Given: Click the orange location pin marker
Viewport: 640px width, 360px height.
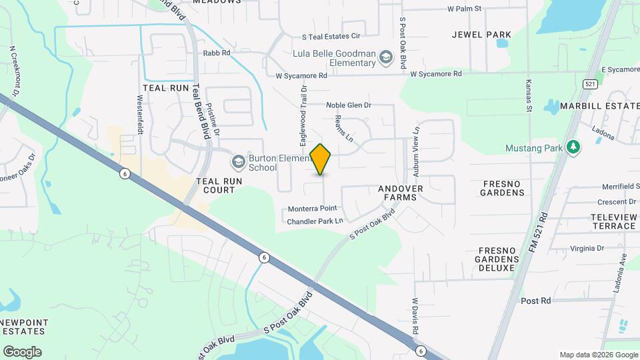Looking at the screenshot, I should coord(321,159).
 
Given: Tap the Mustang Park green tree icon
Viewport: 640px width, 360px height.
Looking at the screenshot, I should coord(573,147).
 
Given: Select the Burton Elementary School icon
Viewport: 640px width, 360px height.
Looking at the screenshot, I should coord(238,162).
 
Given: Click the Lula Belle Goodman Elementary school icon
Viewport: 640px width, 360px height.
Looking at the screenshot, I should coord(385,59).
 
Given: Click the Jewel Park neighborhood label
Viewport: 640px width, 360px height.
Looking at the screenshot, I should coord(481,35).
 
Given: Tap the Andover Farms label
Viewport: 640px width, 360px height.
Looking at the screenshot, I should coord(401,193).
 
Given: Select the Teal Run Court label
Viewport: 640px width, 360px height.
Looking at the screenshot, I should coord(215,185).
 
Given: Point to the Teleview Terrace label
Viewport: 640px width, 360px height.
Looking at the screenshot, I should coord(613,221).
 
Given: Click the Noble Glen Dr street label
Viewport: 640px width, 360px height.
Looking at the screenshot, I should coord(348,105).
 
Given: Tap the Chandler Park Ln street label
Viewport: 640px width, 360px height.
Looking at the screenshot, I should coord(315,221).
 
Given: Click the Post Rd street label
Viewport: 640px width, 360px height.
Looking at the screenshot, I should coord(536,301).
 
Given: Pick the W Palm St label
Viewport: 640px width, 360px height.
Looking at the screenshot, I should coord(464,9).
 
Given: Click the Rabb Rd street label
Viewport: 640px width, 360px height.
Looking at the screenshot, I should coord(217,53).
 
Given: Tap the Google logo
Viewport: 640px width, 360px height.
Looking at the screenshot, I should coord(22,351).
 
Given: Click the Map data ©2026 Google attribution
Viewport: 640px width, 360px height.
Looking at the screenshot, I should coord(598,355).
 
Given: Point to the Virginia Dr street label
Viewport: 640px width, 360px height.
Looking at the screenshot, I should coord(587,249).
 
